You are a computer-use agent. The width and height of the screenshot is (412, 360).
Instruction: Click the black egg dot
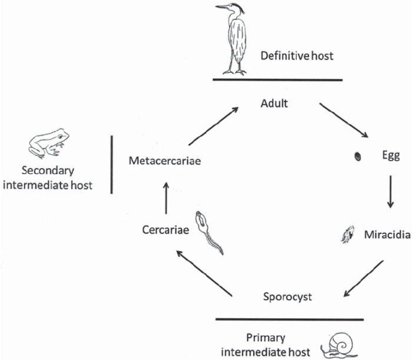[356, 156]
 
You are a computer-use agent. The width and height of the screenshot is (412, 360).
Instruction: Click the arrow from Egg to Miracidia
[390, 191]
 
